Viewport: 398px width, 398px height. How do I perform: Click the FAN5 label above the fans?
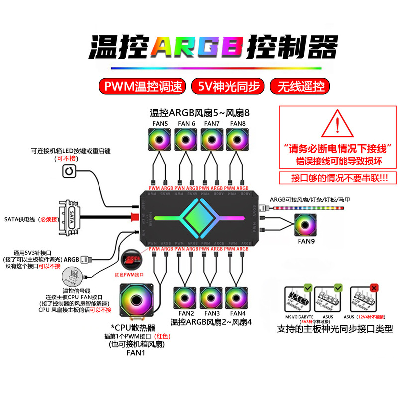pyautogui.click(x=159, y=123)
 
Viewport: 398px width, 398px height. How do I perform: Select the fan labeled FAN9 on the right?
pyautogui.click(x=308, y=225)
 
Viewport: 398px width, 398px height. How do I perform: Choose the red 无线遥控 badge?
pyautogui.click(x=299, y=86)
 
